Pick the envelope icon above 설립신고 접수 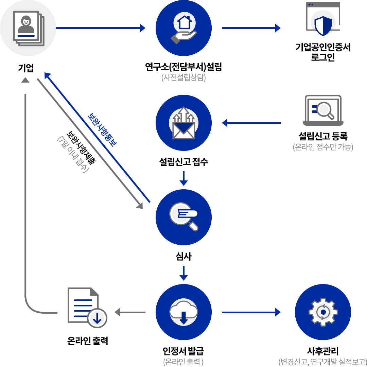click(x=183, y=123)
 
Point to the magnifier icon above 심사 click(x=183, y=217)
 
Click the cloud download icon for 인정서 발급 click(x=183, y=312)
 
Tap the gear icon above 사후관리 click(x=323, y=312)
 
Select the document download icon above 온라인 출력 click(x=87, y=306)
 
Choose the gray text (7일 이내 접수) click(x=73, y=155)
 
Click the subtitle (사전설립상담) click(x=183, y=78)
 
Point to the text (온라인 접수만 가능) click(x=323, y=147)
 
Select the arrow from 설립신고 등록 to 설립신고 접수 click(x=251, y=123)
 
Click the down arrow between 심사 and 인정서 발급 click(x=183, y=273)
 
